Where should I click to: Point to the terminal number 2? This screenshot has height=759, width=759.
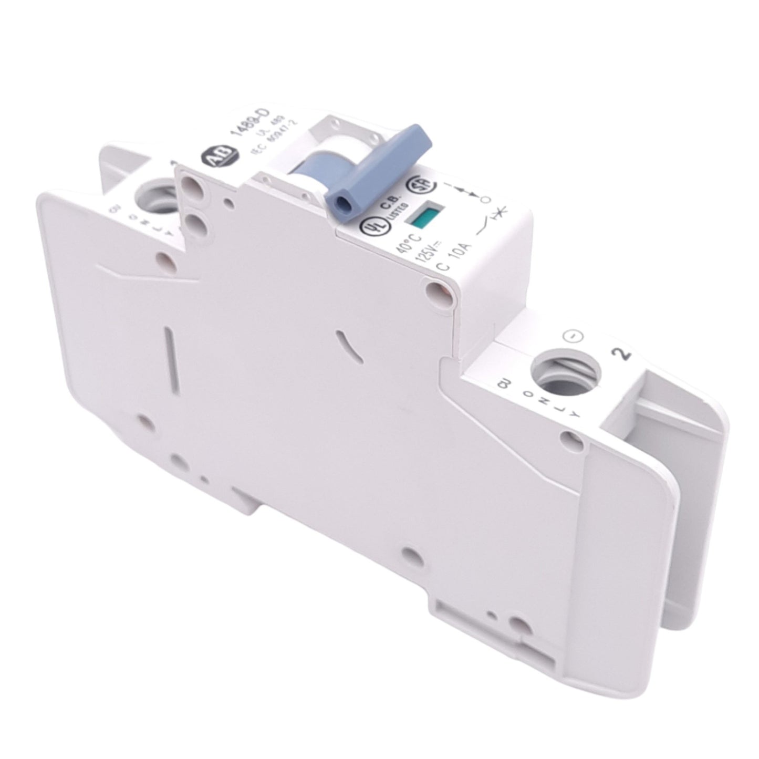click(x=625, y=355)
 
